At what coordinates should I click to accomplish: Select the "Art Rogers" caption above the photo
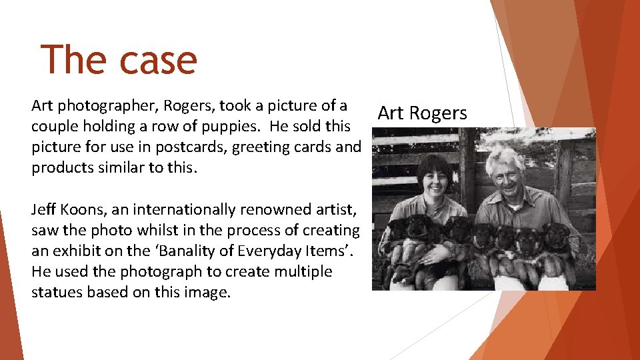422,113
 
